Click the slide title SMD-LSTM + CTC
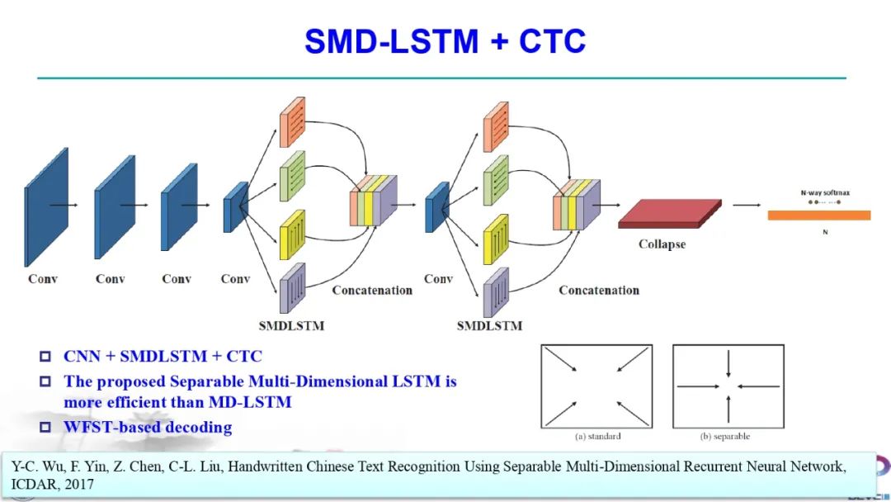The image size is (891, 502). coord(445,40)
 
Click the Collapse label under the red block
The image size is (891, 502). coord(662,244)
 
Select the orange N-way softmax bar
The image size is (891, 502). coord(818,215)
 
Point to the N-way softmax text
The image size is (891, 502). coord(824,192)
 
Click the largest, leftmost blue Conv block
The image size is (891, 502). coord(46,206)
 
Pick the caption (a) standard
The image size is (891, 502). coord(597,436)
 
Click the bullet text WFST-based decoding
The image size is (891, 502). coord(148,427)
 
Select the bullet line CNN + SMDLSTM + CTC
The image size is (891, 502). coord(163,357)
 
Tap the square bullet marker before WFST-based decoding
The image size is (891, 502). coord(45,428)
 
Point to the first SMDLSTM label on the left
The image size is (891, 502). coord(291,325)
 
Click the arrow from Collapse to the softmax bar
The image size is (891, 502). coord(747,206)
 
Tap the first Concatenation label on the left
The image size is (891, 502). coord(372,291)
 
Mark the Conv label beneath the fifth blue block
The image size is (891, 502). coord(438,279)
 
